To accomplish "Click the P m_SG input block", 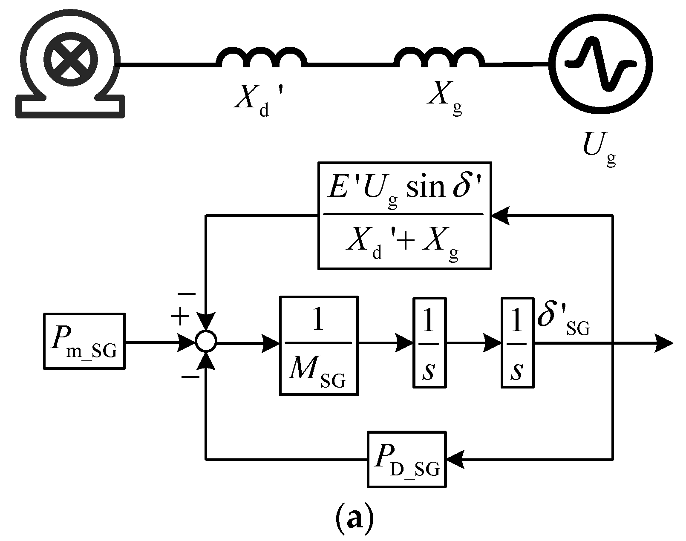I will (x=84, y=341).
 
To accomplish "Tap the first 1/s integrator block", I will (x=429, y=342).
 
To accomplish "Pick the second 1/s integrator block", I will (x=517, y=342).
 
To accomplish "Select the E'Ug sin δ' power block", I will (x=404, y=216).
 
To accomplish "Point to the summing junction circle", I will (x=206, y=342).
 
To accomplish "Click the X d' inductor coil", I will (x=261, y=58).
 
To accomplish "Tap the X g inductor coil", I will (x=440, y=58).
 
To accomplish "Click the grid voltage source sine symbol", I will (x=600, y=64).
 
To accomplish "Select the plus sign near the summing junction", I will (x=180, y=316).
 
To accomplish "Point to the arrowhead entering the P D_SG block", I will (x=454, y=459).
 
